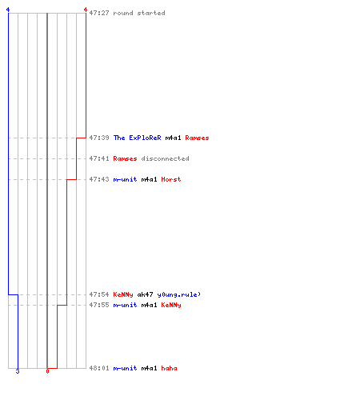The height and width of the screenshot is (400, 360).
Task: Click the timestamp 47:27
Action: pyautogui.click(x=99, y=13)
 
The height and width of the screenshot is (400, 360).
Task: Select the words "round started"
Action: pyautogui.click(x=139, y=13)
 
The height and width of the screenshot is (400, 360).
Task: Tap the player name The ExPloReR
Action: pyautogui.click(x=137, y=138)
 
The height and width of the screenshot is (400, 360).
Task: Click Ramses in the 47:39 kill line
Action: pyautogui.click(x=197, y=138)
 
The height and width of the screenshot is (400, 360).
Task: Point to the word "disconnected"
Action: pyautogui.click(x=165, y=158)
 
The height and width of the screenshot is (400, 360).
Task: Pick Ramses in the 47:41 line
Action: pyautogui.click(x=125, y=158)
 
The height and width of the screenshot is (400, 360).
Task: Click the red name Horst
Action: pyautogui.click(x=171, y=179)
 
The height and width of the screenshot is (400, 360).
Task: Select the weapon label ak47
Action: pyautogui.click(x=145, y=294)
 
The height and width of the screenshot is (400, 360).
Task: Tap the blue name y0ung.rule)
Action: pyautogui.click(x=178, y=294)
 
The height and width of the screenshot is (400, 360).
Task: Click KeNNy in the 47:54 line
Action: pyautogui.click(x=123, y=294)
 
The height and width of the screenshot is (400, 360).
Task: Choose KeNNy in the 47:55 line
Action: pyautogui.click(x=171, y=305)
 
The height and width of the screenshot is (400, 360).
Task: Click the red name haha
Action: pyautogui.click(x=169, y=368)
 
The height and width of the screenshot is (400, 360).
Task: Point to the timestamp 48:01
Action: pyautogui.click(x=99, y=368)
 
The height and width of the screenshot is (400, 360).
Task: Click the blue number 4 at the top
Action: pyautogui.click(x=8, y=10)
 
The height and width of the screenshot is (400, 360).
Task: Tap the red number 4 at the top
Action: pyautogui.click(x=86, y=10)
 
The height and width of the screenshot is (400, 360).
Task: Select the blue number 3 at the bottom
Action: pyautogui.click(x=18, y=371)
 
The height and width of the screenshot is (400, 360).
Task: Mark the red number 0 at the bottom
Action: pyautogui.click(x=47, y=371)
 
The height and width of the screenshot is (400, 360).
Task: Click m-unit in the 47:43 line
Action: pyautogui.click(x=125, y=179)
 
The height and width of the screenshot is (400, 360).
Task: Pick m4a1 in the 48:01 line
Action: pyautogui.click(x=149, y=368)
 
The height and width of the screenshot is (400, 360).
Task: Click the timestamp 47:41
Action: pyautogui.click(x=99, y=158)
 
